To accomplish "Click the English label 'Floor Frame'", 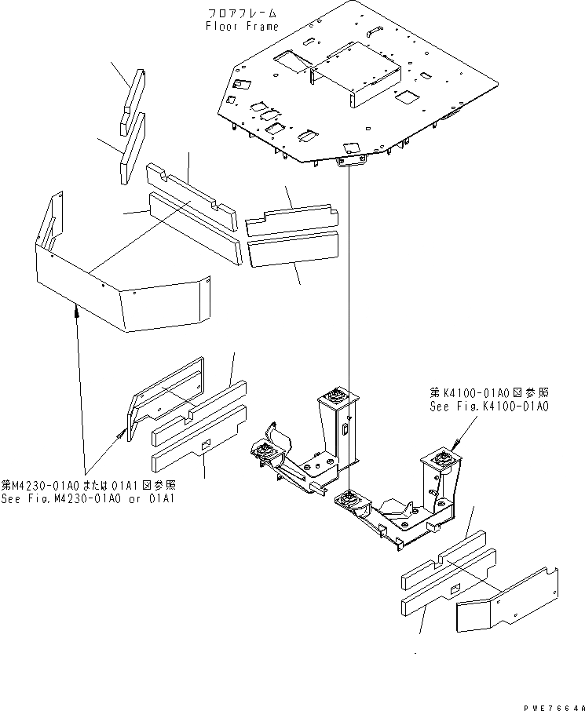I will pyautogui.click(x=242, y=26).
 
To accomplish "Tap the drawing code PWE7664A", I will pyautogui.click(x=554, y=706).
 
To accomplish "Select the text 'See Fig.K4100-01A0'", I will pyautogui.click(x=488, y=407).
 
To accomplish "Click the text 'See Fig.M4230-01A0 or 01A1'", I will pyautogui.click(x=88, y=498).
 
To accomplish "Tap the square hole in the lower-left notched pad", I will pyautogui.click(x=205, y=444).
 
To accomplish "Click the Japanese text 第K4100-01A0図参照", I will pyautogui.click(x=488, y=391).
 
